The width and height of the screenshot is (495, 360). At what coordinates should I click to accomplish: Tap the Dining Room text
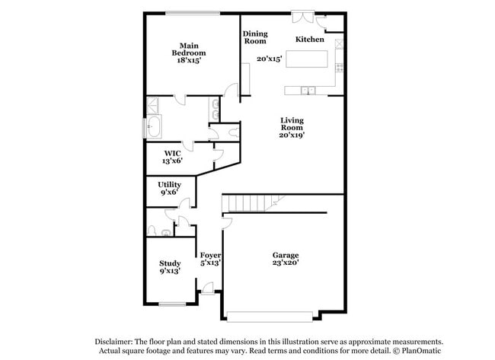pos(255,37)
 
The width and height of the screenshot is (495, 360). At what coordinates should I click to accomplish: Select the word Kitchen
pos(310,39)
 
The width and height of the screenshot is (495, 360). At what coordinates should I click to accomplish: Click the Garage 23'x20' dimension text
pos(286,263)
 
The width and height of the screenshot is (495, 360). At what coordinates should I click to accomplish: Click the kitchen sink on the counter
pos(308,91)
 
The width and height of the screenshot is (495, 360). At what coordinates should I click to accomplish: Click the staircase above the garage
pos(251,203)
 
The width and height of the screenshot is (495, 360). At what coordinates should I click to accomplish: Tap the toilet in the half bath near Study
pos(154,230)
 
